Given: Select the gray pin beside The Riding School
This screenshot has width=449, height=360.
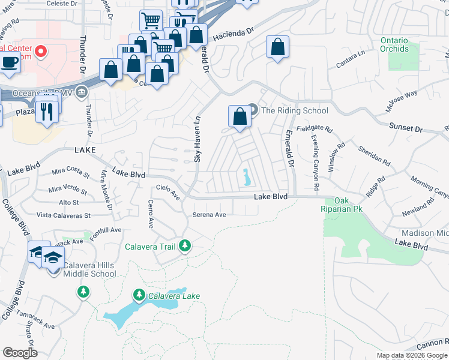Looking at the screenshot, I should [253, 110].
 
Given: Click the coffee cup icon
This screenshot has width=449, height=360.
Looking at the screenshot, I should [9, 62].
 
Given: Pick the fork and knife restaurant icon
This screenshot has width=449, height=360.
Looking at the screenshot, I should [46, 111].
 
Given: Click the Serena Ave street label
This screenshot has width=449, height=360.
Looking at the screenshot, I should [209, 215].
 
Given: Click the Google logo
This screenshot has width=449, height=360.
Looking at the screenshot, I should [20, 353].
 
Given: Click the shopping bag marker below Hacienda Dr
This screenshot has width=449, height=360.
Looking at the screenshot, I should [277, 47].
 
